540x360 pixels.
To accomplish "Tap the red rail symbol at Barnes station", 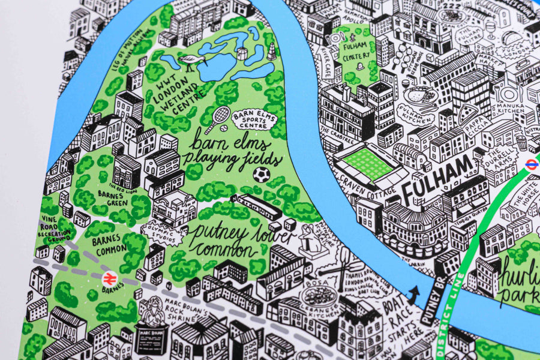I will tap(109, 278).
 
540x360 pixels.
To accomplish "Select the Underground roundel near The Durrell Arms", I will tap(532, 164).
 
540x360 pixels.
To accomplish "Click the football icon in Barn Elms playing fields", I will tap(261, 175).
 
